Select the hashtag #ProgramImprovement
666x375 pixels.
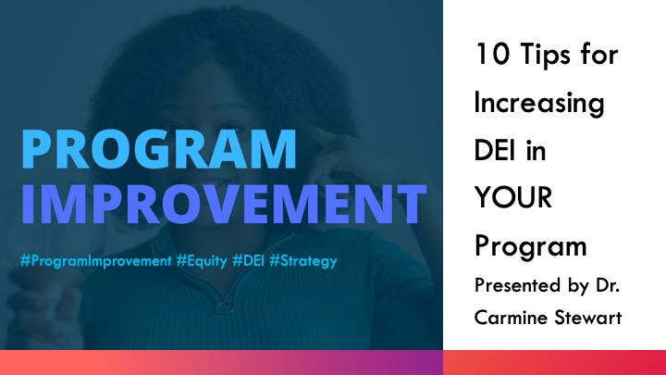95,261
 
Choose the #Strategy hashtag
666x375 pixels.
303,261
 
